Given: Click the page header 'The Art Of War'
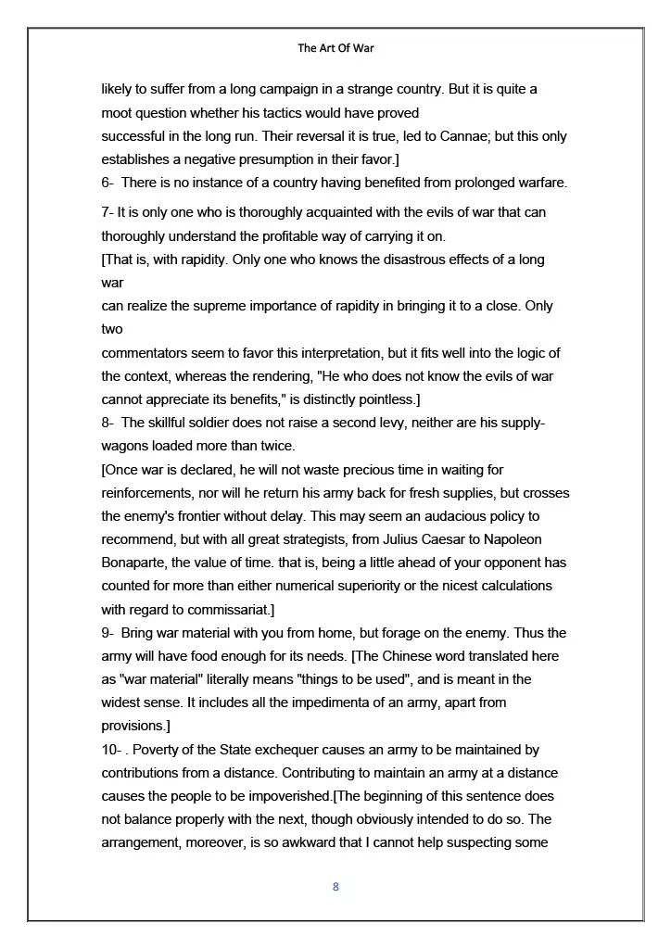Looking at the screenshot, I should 335,48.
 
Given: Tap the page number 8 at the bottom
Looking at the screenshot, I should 335,887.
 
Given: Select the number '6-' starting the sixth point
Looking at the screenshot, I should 108,183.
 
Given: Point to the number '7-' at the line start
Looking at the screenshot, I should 108,212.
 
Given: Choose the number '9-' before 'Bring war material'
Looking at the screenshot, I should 108,633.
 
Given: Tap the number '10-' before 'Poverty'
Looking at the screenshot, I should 112,749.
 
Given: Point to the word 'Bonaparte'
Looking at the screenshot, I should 133,563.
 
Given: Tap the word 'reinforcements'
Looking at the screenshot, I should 146,493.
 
